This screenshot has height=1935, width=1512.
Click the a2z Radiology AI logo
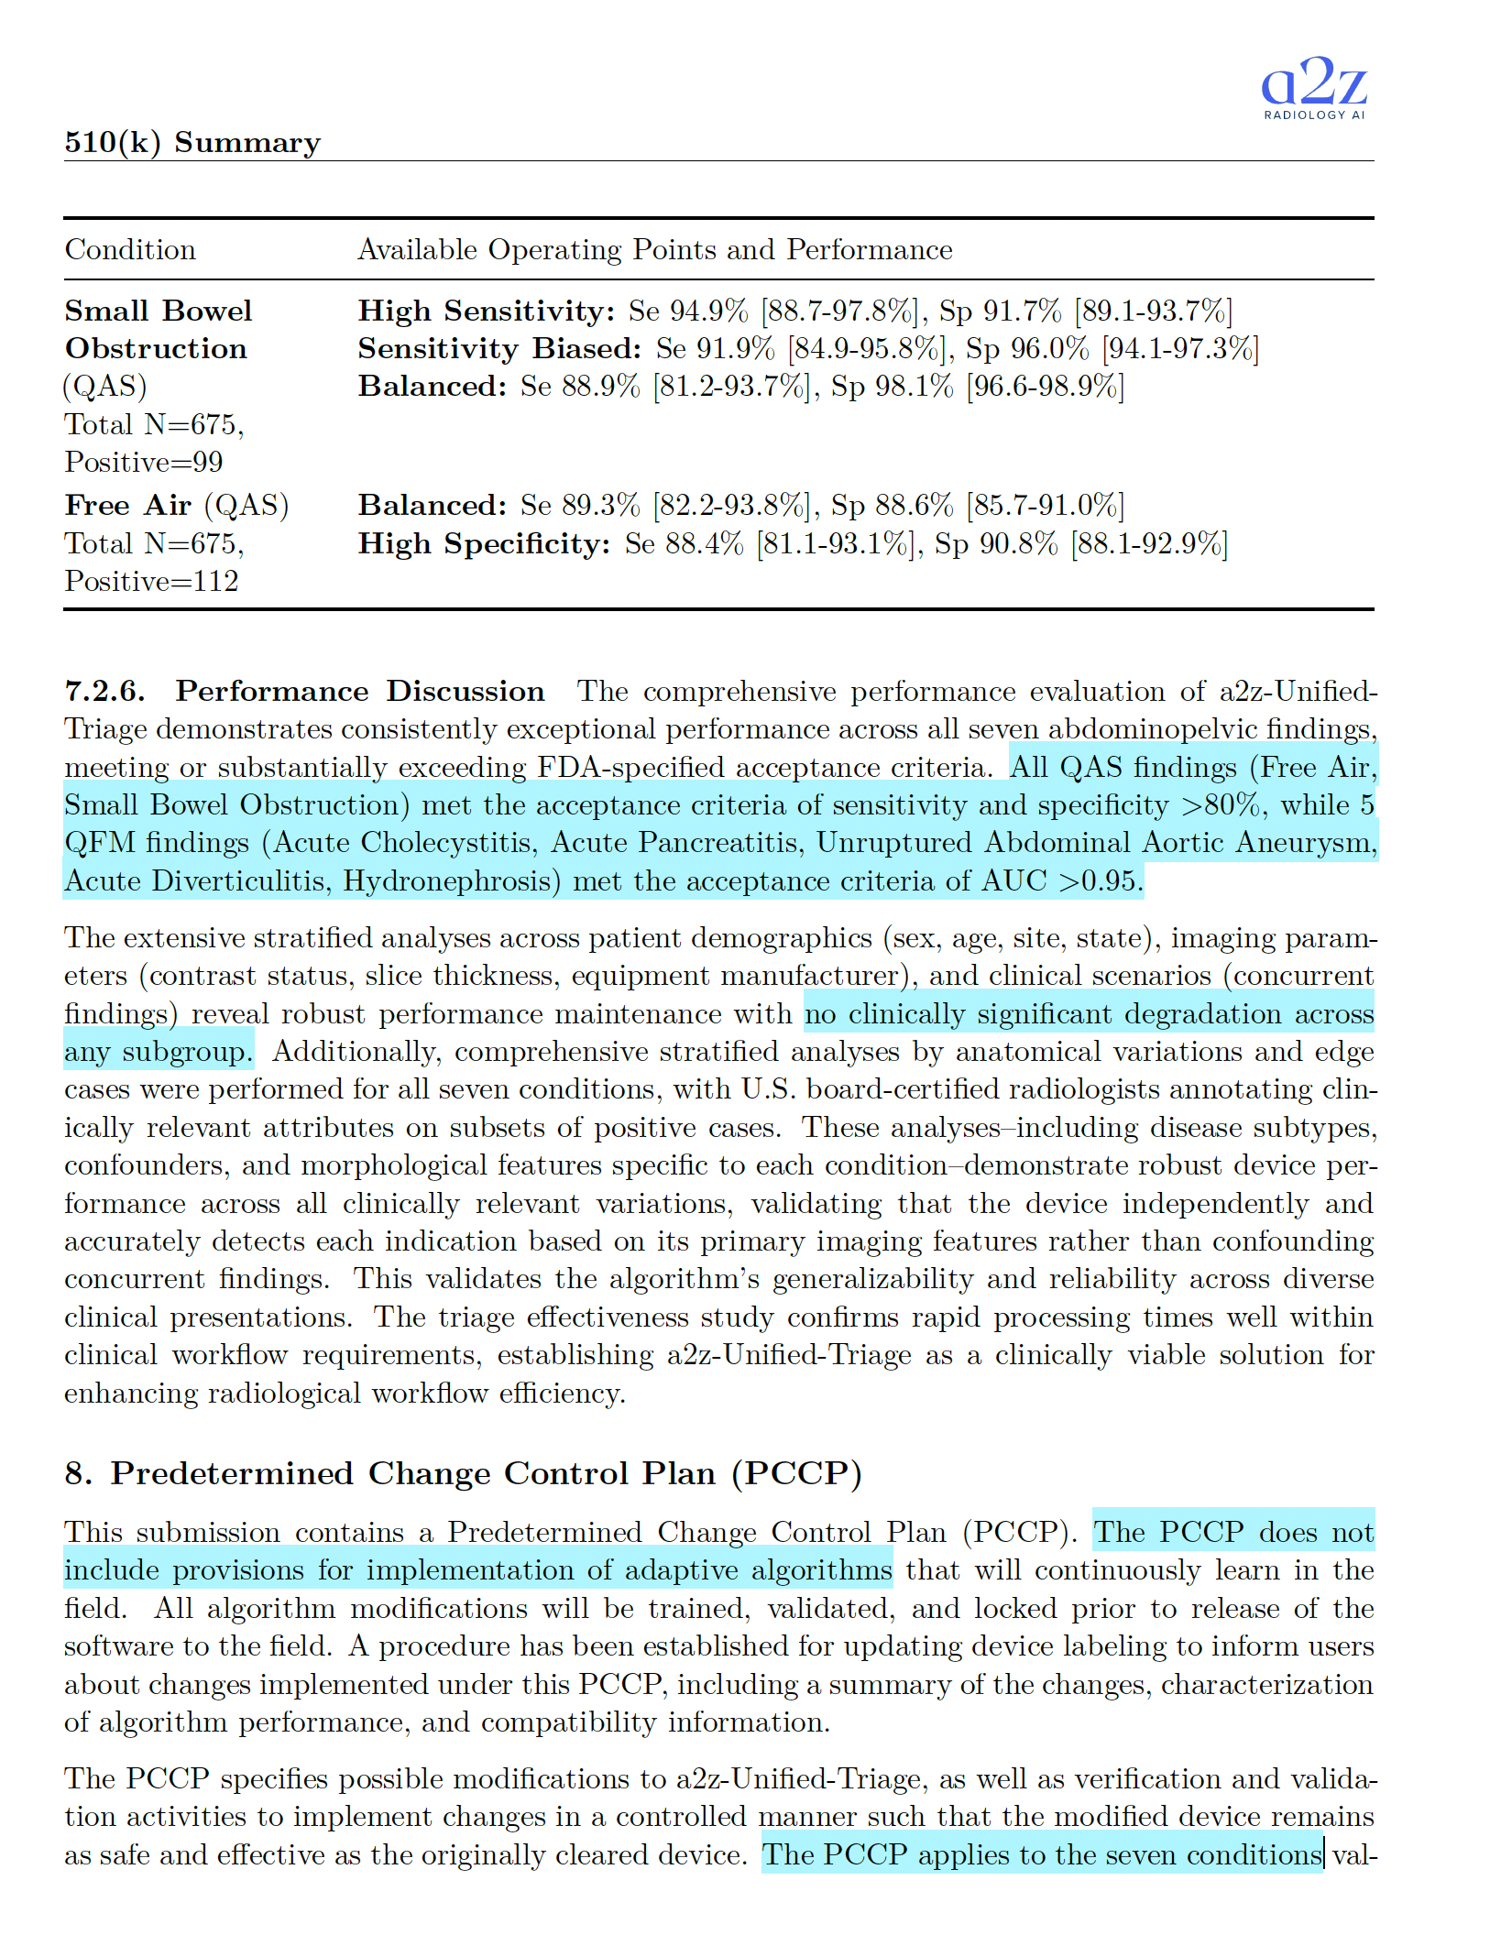coord(1314,87)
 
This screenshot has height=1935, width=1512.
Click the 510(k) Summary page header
coord(192,142)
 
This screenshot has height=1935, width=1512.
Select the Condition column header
coord(130,249)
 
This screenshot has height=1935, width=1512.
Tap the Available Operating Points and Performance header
coord(654,249)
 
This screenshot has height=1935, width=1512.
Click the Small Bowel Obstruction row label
coord(158,329)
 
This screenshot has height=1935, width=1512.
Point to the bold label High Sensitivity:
coord(487,311)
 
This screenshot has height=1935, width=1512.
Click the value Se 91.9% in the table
coord(716,348)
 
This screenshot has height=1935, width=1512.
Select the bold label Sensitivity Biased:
coord(500,348)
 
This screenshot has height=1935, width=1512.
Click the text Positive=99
coord(144,462)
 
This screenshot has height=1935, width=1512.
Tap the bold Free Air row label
coord(128,505)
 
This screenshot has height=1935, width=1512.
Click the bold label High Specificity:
coord(484,543)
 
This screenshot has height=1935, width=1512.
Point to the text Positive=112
coord(151,581)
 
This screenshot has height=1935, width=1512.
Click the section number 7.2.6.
coord(104,691)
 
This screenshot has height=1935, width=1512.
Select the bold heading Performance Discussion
coord(360,691)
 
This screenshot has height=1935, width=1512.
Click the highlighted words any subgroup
coord(158,1052)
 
